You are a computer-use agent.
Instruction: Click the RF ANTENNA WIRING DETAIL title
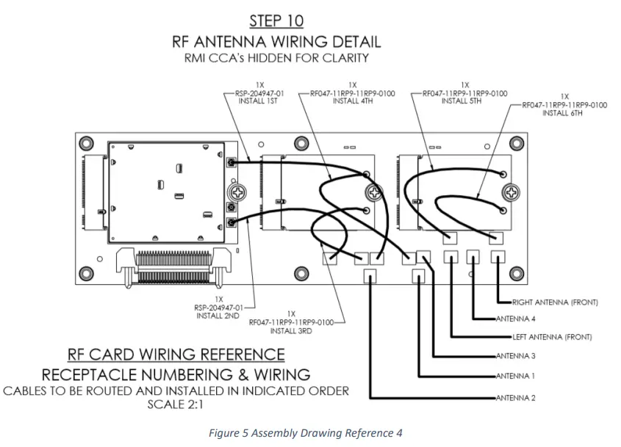pyautogui.click(x=276, y=41)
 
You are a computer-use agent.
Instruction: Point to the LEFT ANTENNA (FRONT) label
pyautogui.click(x=552, y=338)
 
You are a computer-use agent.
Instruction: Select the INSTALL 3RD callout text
pyautogui.click(x=292, y=331)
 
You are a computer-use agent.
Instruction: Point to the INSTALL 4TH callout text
pyautogui.click(x=356, y=101)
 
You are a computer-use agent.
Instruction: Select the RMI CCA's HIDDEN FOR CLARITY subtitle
pyautogui.click(x=276, y=57)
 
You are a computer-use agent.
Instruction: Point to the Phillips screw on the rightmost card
pyautogui.click(x=509, y=192)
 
